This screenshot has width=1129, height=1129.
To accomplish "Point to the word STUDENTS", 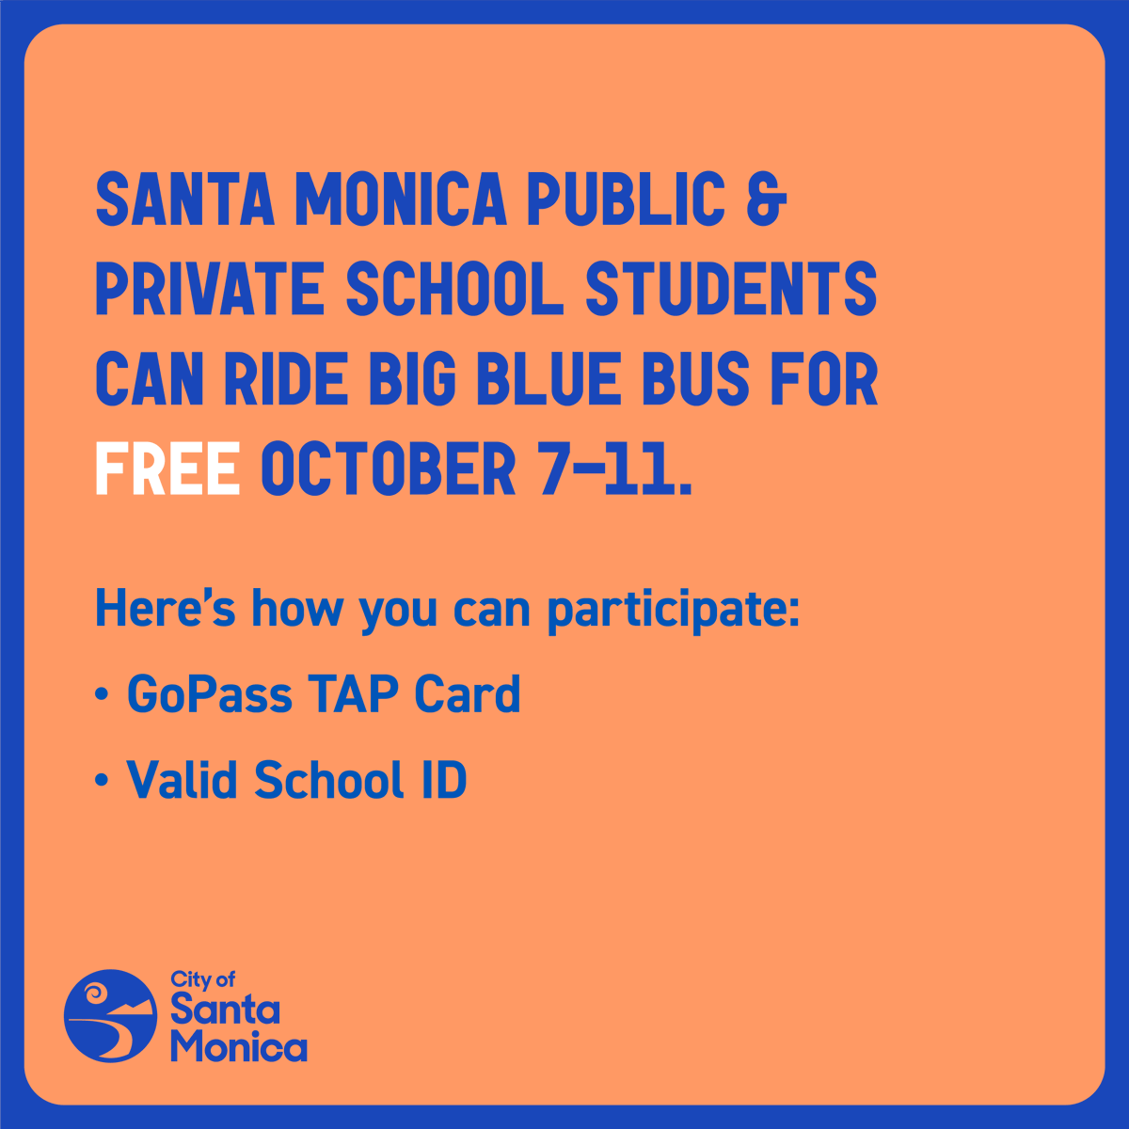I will (732, 289).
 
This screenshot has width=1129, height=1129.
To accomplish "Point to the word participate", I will (672, 610).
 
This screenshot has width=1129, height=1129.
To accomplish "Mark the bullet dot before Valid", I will (101, 782).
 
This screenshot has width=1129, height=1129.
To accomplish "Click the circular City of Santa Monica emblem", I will (110, 1016).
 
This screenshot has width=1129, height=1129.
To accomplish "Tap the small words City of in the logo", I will (202, 980).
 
